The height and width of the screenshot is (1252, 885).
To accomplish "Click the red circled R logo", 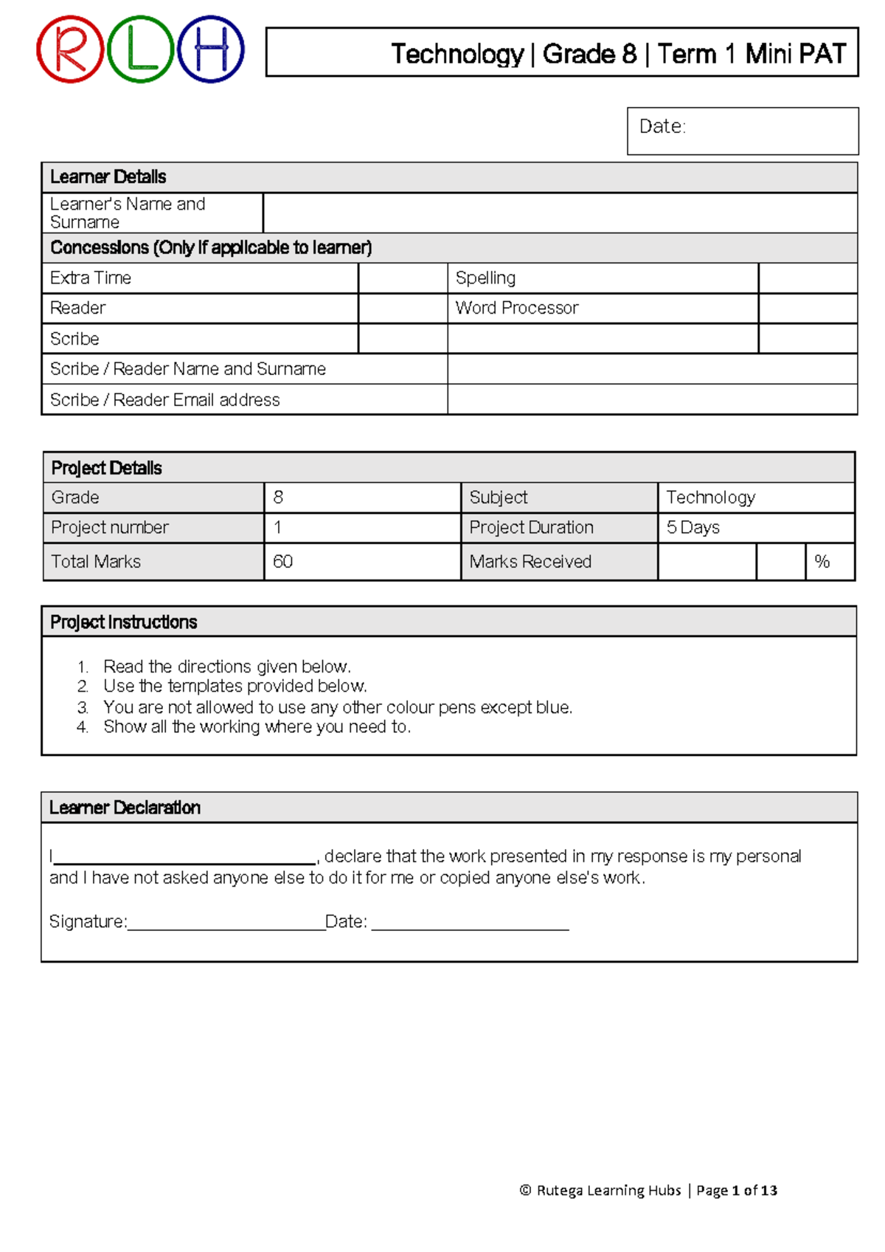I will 70,49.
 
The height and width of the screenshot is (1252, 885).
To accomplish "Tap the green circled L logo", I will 140,49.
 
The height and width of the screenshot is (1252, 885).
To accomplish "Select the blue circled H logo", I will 211,49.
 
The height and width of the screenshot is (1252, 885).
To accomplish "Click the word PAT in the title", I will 822,54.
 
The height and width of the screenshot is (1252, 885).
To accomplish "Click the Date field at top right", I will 742,131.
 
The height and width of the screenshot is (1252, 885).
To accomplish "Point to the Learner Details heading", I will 108,177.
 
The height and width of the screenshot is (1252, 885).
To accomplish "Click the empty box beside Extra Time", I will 403,278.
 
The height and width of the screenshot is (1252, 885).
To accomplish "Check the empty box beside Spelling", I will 808,278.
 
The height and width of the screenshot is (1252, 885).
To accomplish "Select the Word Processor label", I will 516,308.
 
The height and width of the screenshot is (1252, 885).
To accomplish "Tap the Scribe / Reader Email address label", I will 164,400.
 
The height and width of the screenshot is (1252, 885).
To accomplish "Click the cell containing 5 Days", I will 755,528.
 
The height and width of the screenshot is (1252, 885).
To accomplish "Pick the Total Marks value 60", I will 283,562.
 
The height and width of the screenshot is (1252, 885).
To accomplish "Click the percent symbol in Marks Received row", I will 822,562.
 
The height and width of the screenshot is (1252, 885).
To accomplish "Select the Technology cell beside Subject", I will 755,498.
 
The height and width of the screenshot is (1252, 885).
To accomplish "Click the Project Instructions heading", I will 123,622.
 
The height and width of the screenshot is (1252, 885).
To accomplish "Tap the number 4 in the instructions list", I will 82,727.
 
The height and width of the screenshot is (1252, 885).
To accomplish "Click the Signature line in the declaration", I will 226,923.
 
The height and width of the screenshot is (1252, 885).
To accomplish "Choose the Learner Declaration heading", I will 125,808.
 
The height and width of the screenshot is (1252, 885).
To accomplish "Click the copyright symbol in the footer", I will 525,1190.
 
